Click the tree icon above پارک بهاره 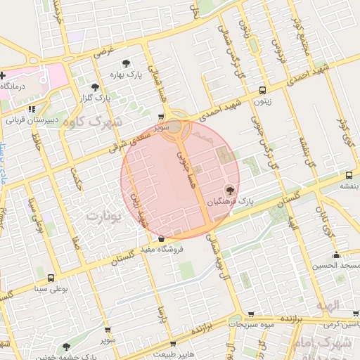(x=127, y=63)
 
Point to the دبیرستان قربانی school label (x=31, y=120)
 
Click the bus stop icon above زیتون (x=262, y=90)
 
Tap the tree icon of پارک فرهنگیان (x=229, y=190)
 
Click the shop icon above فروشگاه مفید (x=162, y=238)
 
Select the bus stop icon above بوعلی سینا (x=51, y=278)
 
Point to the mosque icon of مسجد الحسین (x=337, y=255)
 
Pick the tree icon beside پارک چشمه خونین (x=65, y=346)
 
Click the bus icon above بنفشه (x=349, y=175)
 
